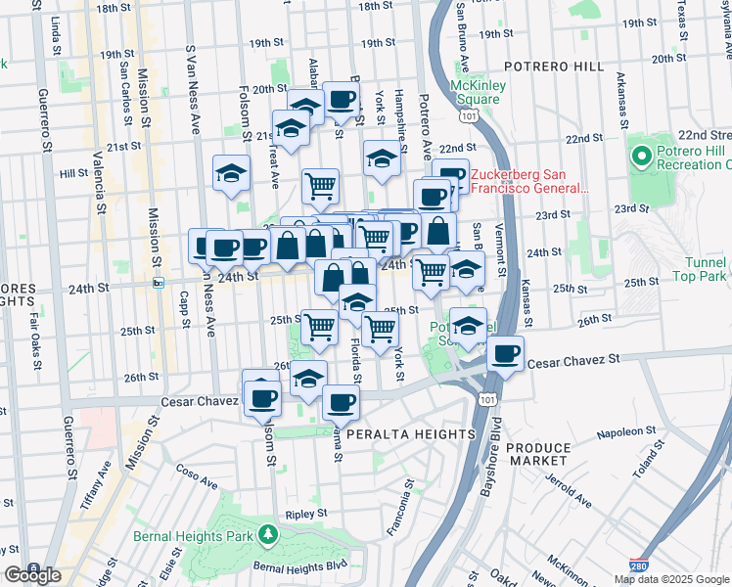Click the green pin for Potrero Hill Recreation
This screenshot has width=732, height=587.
[x=642, y=156]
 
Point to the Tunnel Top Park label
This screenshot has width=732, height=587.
[x=699, y=269]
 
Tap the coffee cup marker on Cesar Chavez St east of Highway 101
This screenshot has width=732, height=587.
[x=505, y=354]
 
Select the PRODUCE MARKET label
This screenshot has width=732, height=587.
[x=538, y=453]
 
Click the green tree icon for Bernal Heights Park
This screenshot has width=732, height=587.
[x=267, y=535]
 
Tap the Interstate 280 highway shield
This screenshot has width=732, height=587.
[x=636, y=565]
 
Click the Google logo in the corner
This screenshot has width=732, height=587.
[x=31, y=574]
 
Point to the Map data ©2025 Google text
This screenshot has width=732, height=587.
[x=671, y=579]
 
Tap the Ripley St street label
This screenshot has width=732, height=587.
[x=306, y=514]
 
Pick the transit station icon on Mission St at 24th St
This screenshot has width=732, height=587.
[x=159, y=283]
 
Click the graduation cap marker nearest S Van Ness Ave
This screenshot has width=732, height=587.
[x=231, y=173]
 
